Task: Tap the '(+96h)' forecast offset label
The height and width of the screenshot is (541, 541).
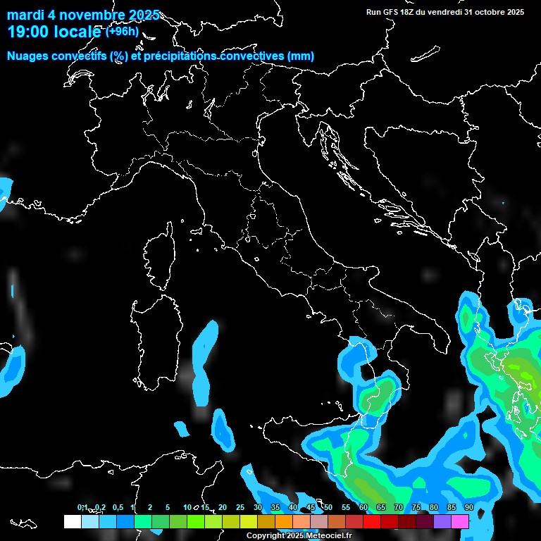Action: [x=123, y=31]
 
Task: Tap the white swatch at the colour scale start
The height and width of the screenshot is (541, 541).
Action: [x=73, y=521]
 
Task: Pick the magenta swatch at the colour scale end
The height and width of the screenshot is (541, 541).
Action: [x=460, y=521]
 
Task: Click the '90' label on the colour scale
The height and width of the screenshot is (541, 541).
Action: [x=468, y=508]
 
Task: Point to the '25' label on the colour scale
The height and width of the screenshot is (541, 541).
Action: [x=240, y=508]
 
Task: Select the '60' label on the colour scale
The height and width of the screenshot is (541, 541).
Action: [x=363, y=508]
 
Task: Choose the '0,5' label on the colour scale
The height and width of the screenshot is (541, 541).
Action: [x=118, y=508]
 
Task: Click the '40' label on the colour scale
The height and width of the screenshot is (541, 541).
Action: [x=293, y=508]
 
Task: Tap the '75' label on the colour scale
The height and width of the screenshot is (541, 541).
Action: [x=416, y=508]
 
